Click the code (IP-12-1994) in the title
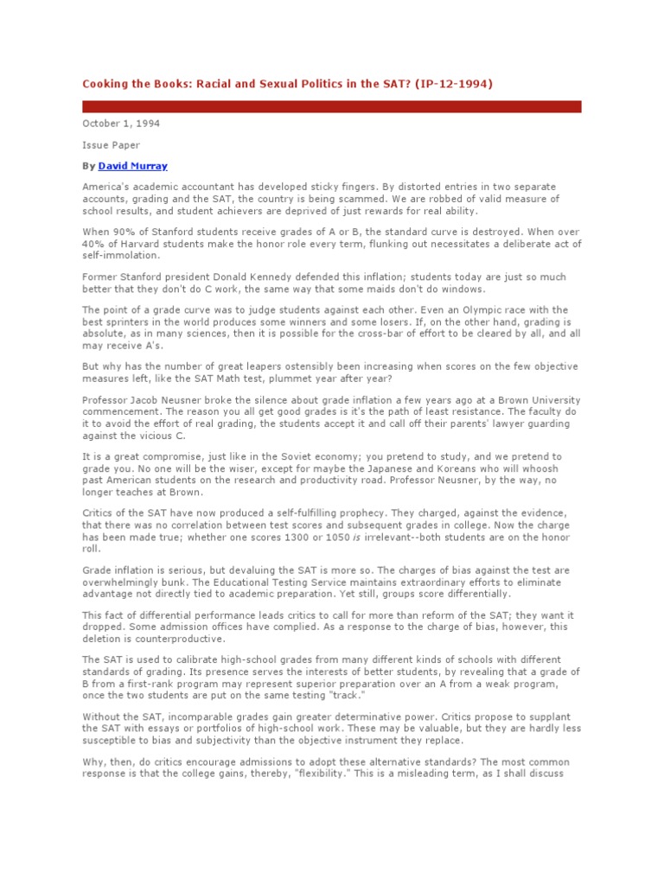(x=460, y=84)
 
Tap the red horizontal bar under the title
(x=332, y=106)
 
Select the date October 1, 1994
(x=121, y=124)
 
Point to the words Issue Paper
(x=111, y=145)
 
